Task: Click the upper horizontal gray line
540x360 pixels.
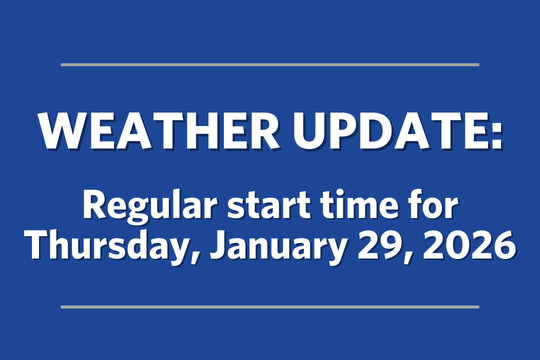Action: coord(270,64)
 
